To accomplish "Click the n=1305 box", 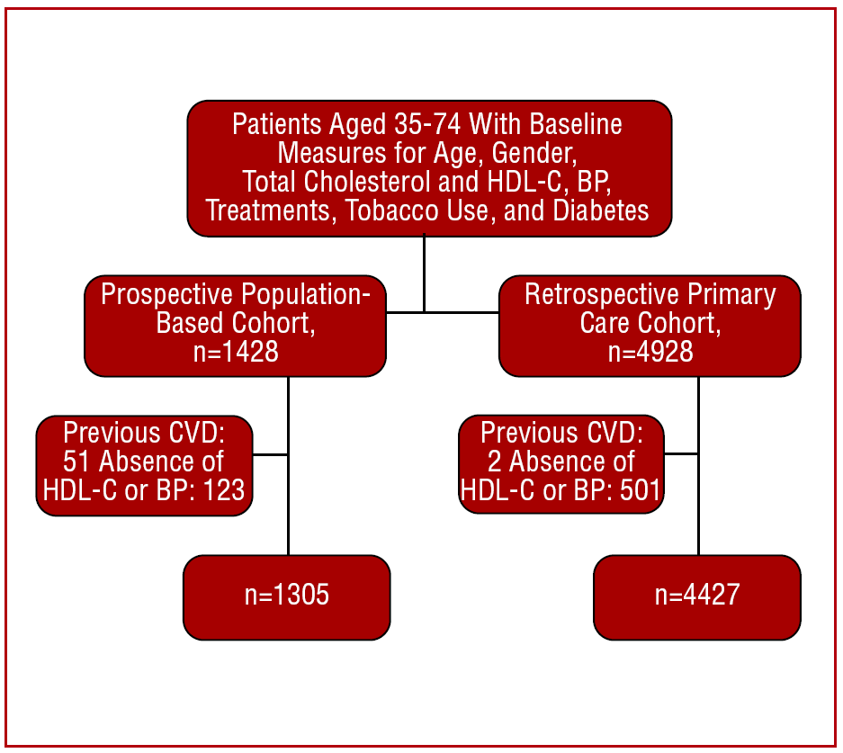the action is [x=287, y=597].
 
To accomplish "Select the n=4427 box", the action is [x=697, y=597].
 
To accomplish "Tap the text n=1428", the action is [x=236, y=352].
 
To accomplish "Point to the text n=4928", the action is [x=650, y=352].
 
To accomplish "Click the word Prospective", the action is [x=167, y=295].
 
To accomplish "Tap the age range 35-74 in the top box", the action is [x=428, y=125].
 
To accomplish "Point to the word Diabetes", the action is [x=600, y=211].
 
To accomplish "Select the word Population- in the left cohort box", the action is [x=306, y=295].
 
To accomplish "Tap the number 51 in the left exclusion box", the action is [x=76, y=462].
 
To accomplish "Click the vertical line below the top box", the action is [x=424, y=273].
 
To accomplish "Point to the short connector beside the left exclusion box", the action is [x=270, y=454].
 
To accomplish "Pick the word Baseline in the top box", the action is [x=576, y=125].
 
